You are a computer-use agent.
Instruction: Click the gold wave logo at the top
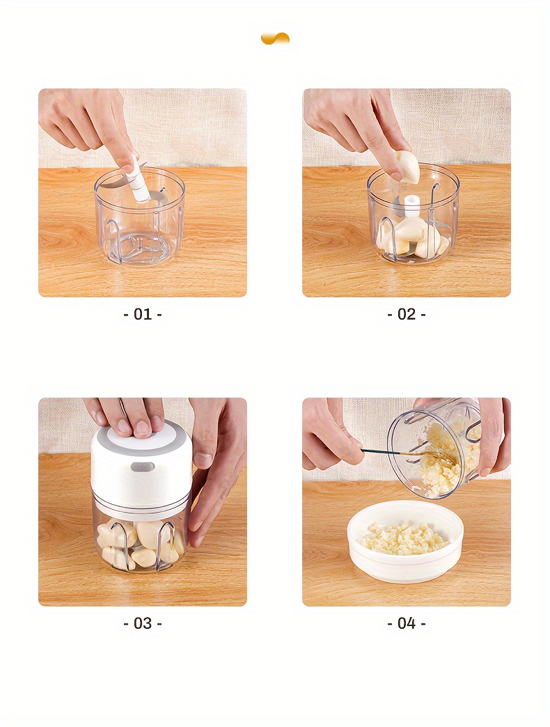[x=275, y=38]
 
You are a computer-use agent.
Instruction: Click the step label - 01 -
[x=142, y=314]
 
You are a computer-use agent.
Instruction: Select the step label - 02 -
[x=406, y=314]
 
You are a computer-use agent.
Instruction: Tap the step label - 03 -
[x=142, y=623]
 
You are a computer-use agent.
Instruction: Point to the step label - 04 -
[x=406, y=623]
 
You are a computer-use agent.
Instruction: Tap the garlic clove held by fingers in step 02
[x=408, y=167]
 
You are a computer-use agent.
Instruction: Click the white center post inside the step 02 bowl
[x=412, y=206]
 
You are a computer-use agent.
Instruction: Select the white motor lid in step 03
[x=141, y=463]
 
